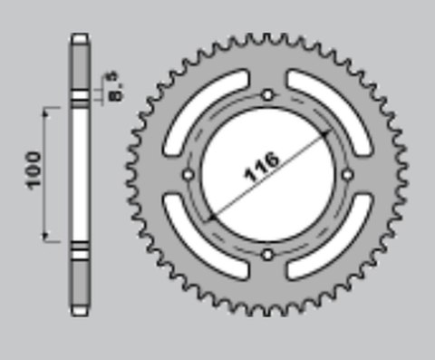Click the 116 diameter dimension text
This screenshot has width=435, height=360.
point(264,169)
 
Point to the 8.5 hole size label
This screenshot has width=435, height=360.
point(116,88)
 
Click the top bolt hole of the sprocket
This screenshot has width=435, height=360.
point(267,94)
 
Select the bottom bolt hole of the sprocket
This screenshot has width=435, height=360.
point(266,255)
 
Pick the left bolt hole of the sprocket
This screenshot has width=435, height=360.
point(188,174)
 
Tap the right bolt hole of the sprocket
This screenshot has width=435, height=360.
point(347,174)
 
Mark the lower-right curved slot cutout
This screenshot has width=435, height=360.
point(328,238)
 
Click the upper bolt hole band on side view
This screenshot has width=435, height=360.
point(80,95)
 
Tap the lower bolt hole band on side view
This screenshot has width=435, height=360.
point(80,251)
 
